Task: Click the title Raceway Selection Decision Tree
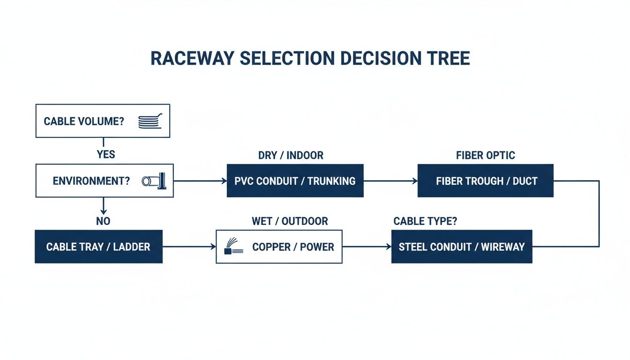pyautogui.click(x=310, y=58)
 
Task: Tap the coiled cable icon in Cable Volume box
pyautogui.click(x=150, y=121)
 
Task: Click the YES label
pyautogui.click(x=106, y=154)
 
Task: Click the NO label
pyautogui.click(x=103, y=221)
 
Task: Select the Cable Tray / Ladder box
pyautogui.click(x=98, y=247)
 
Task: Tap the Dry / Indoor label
pyautogui.click(x=291, y=155)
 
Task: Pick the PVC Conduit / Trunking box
pyautogui.click(x=295, y=180)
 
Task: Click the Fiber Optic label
pyautogui.click(x=485, y=155)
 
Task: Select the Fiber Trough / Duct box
pyautogui.click(x=485, y=180)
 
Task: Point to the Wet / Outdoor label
pyautogui.click(x=290, y=221)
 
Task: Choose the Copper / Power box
pyautogui.click(x=279, y=247)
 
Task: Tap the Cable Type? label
pyautogui.click(x=425, y=221)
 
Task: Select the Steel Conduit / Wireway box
pyautogui.click(x=462, y=247)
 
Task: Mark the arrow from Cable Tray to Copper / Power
pyautogui.click(x=189, y=247)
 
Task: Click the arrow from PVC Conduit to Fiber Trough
pyautogui.click(x=390, y=180)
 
